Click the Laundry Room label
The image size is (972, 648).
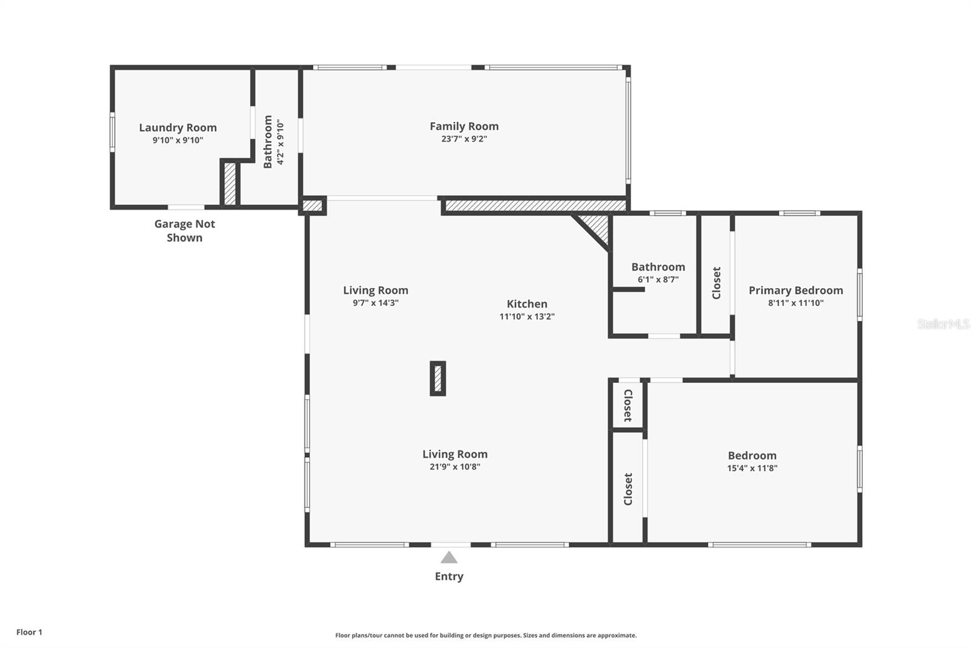click(x=177, y=128)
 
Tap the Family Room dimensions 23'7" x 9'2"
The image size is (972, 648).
click(x=464, y=139)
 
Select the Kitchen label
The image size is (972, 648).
click(x=527, y=304)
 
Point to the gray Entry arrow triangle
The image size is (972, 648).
click(x=449, y=557)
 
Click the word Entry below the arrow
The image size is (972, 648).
click(x=449, y=576)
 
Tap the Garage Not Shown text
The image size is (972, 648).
click(x=185, y=230)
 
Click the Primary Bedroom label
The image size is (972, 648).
click(x=795, y=291)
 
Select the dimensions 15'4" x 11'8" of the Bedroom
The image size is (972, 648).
click(x=752, y=468)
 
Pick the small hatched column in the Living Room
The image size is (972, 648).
click(x=437, y=379)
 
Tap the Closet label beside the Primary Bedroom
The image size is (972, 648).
click(x=716, y=283)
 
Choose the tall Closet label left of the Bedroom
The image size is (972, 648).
click(x=628, y=489)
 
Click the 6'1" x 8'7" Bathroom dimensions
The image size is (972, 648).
click(x=658, y=280)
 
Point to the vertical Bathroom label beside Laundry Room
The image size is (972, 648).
click(x=268, y=142)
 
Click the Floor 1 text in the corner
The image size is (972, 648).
click(x=29, y=632)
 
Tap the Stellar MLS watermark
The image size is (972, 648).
click(x=943, y=324)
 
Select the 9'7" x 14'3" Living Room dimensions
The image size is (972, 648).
click(x=375, y=303)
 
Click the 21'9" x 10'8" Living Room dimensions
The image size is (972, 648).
click(x=454, y=467)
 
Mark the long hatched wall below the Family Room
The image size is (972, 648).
click(x=535, y=206)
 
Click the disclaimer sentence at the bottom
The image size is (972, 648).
click(x=486, y=635)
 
